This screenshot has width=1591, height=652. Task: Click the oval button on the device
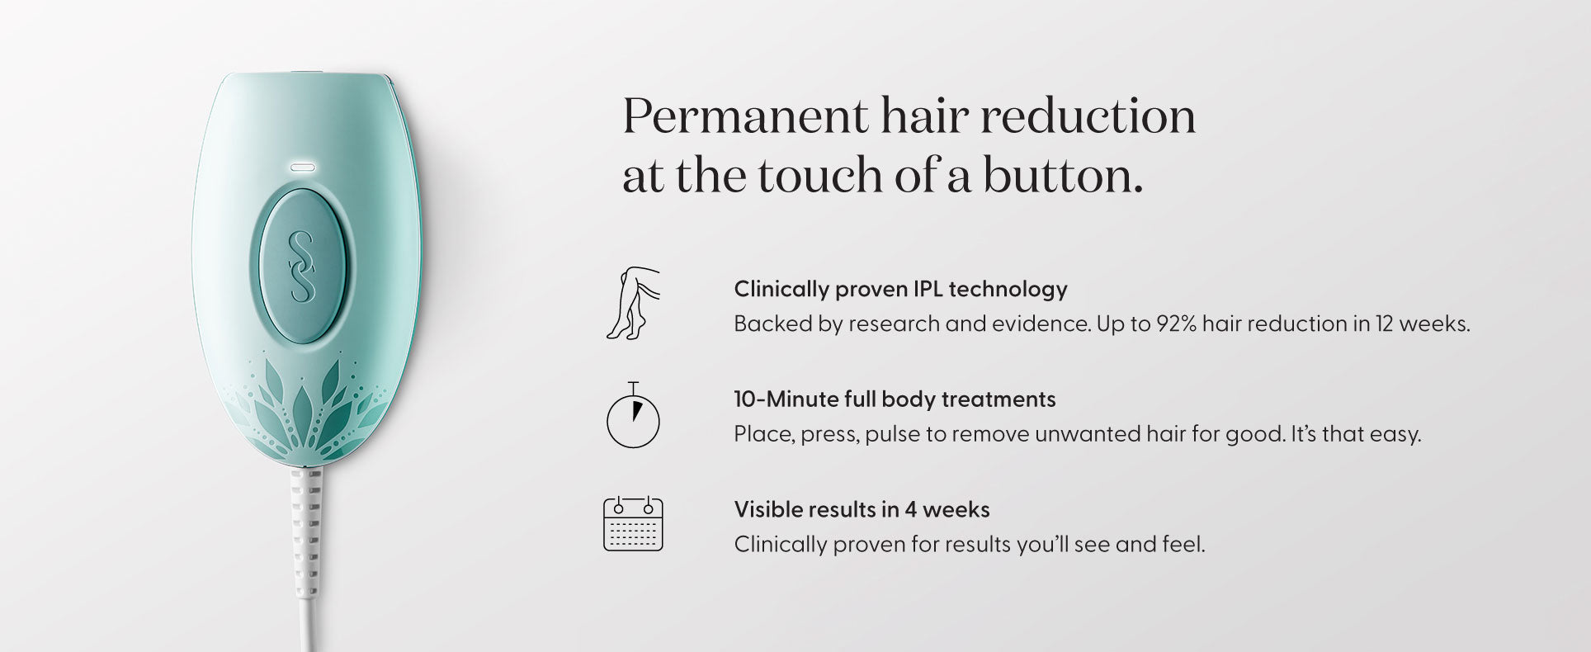pyautogui.click(x=303, y=266)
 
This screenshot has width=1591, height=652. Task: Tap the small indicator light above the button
pyautogui.click(x=302, y=167)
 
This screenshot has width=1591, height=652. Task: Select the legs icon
pyautogui.click(x=633, y=303)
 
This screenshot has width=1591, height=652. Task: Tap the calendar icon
pyautogui.click(x=633, y=524)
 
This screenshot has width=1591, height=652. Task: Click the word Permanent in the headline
pyautogui.click(x=745, y=116)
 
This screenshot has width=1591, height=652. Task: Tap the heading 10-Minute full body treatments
pyautogui.click(x=895, y=399)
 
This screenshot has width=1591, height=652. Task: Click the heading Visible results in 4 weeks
pyautogui.click(x=862, y=509)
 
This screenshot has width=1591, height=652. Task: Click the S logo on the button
pyautogui.click(x=302, y=266)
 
